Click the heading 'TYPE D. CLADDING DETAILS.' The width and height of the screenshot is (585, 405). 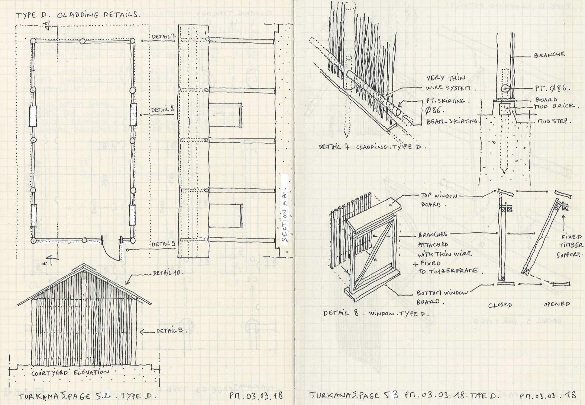pos(78,15)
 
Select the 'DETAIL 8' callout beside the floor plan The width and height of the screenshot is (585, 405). pos(162,110)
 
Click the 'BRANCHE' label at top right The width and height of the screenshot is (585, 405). pos(549,55)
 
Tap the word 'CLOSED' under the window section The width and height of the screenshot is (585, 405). pos(500,305)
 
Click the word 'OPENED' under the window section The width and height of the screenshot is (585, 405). pos(557,304)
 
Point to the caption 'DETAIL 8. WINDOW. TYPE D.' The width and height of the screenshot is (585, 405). pos(376,313)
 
